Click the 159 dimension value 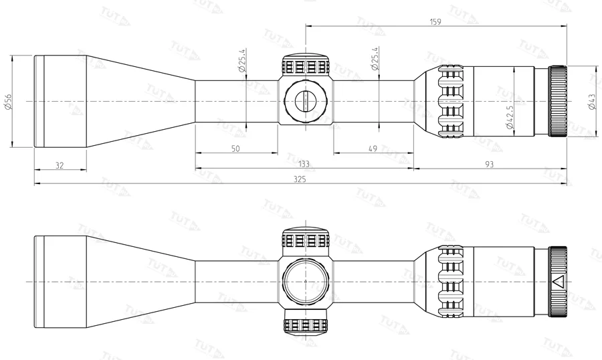click(x=435, y=22)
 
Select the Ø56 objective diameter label click(x=7, y=101)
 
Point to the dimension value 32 click(x=60, y=165)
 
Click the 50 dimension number click(x=235, y=149)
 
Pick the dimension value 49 click(x=373, y=149)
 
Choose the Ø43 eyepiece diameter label click(x=591, y=101)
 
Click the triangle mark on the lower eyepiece click(x=557, y=281)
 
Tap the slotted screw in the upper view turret click(x=306, y=101)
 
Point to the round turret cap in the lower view click(x=306, y=282)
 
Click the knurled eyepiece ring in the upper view click(x=558, y=101)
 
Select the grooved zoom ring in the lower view click(x=451, y=282)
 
